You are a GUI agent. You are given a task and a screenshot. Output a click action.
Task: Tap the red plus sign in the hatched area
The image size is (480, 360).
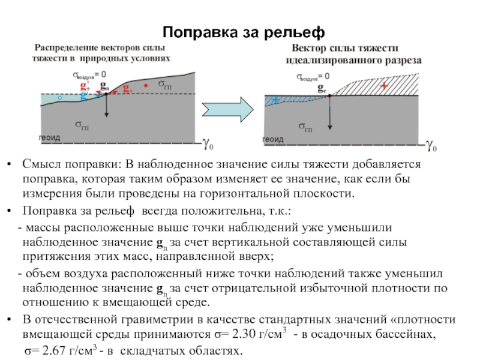pyautogui.click(x=384, y=86)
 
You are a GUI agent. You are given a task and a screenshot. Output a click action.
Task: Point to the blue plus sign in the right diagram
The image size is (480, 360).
pyautogui.click(x=276, y=100)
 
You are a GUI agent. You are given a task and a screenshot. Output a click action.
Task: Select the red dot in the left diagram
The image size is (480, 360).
pyautogui.click(x=146, y=86)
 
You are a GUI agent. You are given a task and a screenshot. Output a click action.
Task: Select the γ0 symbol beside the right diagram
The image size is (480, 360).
pyautogui.click(x=431, y=145)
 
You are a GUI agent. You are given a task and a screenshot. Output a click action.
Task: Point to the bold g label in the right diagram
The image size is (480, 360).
pyautogui.click(x=322, y=86)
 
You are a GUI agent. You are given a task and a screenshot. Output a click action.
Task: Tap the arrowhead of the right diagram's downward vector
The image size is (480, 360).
pyautogui.click(x=330, y=127)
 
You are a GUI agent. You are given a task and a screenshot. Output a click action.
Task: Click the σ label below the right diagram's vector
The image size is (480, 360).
pyautogui.click(x=305, y=127)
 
